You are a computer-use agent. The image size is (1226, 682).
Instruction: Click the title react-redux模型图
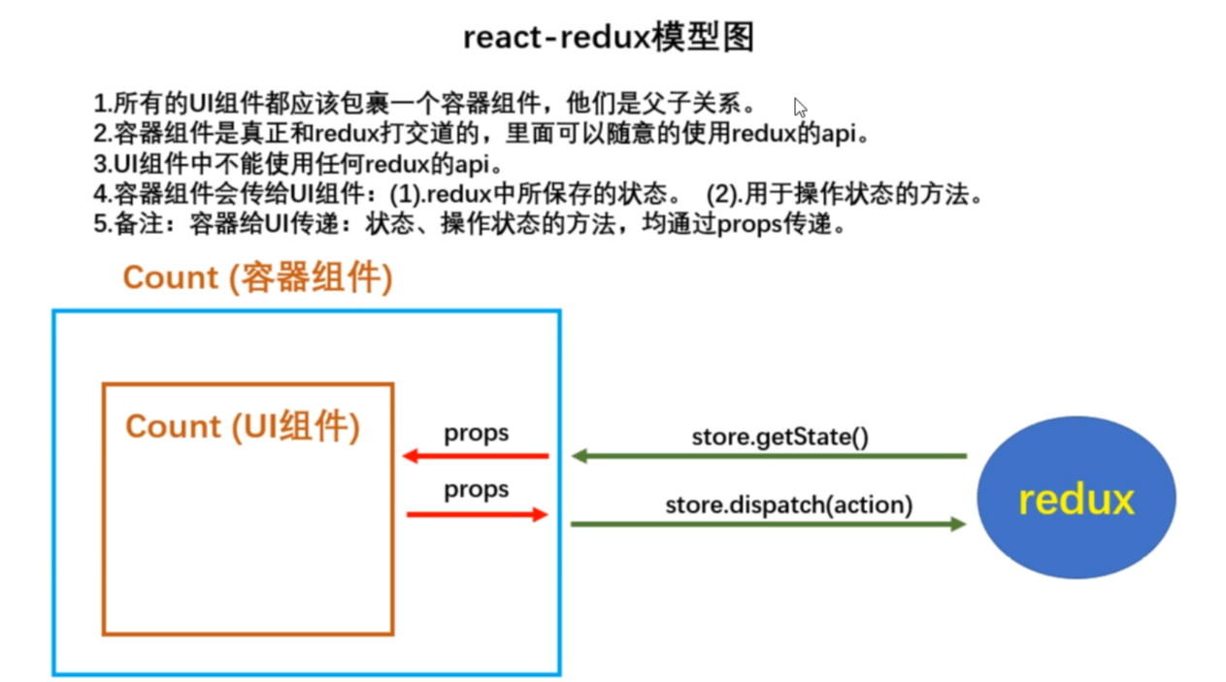coord(608,38)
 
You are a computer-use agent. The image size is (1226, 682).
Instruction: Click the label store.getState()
coord(779,437)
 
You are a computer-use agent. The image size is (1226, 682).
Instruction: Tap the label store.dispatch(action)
coord(788,504)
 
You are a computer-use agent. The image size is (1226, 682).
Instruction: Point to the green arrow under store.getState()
coord(769,456)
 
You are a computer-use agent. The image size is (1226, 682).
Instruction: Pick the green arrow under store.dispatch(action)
coord(769,524)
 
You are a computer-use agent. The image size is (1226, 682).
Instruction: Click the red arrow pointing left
coord(476,456)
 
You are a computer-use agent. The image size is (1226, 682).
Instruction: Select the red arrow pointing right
coord(476,514)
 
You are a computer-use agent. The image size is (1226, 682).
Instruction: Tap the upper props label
coord(476,433)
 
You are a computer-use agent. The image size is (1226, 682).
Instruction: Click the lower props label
coord(476,490)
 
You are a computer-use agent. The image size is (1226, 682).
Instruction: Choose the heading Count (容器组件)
coord(257,278)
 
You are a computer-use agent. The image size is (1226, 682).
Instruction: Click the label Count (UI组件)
coord(243,427)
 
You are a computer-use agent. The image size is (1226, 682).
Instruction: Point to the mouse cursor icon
coord(799,107)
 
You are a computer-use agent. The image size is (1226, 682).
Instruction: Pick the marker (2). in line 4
coord(723,195)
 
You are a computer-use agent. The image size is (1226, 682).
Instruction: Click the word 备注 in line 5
coord(134,225)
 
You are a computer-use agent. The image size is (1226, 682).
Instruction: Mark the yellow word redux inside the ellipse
coord(1076,500)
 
